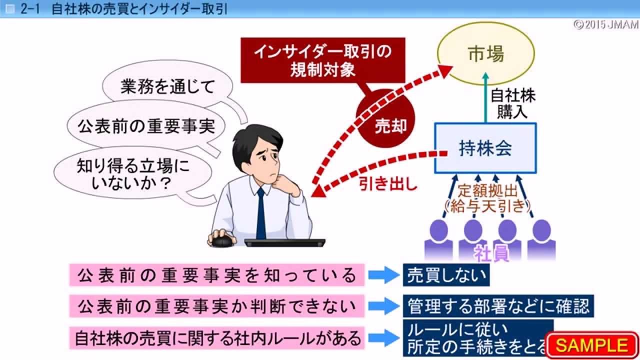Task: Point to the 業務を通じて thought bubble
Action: pos(167,87)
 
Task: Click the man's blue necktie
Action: pos(261,212)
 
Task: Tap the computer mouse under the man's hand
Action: pos(222,240)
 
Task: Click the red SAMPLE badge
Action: pos(592,345)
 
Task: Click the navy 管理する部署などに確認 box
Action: pos(498,305)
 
